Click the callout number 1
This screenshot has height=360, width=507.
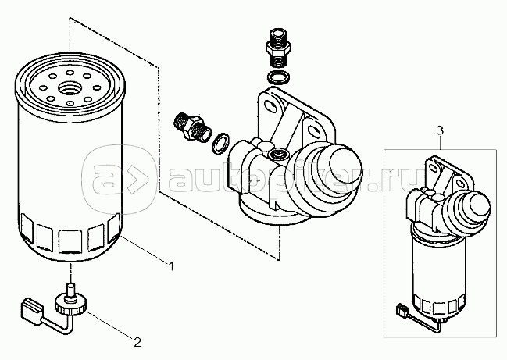tap(171, 266)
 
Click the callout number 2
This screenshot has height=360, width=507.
tap(137, 342)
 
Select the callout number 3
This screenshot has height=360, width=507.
tap(440, 130)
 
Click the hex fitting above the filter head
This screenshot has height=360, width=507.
tap(277, 45)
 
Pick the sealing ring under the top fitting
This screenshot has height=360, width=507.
tap(278, 77)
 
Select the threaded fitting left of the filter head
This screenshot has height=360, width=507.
tap(191, 127)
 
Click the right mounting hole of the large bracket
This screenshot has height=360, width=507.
tap(314, 131)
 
